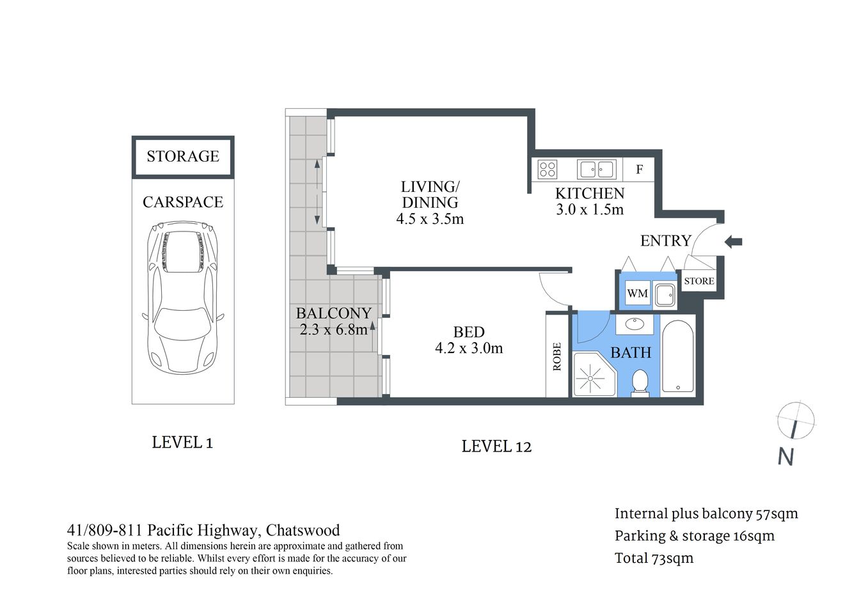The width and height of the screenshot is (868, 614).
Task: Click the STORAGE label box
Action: click(x=183, y=157)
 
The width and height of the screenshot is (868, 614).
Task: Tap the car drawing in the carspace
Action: click(x=184, y=298)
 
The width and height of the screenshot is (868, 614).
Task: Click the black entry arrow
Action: click(x=733, y=241)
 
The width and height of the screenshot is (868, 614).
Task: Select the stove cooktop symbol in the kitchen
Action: click(x=547, y=169)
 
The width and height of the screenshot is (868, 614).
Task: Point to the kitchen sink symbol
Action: click(x=596, y=169)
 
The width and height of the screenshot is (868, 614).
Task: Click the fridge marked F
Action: click(x=638, y=169)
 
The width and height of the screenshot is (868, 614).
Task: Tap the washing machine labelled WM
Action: click(x=637, y=294)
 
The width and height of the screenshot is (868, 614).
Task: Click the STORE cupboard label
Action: click(x=698, y=281)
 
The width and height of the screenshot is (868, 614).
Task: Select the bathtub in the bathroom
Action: click(x=677, y=356)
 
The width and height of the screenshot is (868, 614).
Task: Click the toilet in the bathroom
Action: click(x=639, y=382)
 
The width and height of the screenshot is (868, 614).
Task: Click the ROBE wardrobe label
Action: click(x=556, y=356)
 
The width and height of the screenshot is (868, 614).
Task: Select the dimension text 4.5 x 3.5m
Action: click(x=430, y=219)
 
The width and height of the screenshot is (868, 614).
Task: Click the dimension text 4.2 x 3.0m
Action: click(x=469, y=349)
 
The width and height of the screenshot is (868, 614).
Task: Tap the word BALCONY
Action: click(x=333, y=313)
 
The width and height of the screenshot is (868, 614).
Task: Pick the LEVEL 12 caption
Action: click(x=496, y=446)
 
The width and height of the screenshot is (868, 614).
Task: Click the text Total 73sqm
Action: click(x=654, y=558)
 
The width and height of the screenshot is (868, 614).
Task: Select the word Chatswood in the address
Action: click(x=303, y=530)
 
